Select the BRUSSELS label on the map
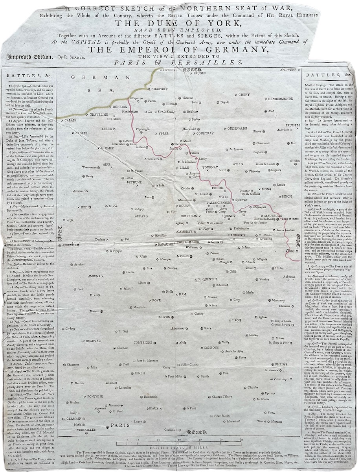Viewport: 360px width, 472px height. click(x=292, y=125)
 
